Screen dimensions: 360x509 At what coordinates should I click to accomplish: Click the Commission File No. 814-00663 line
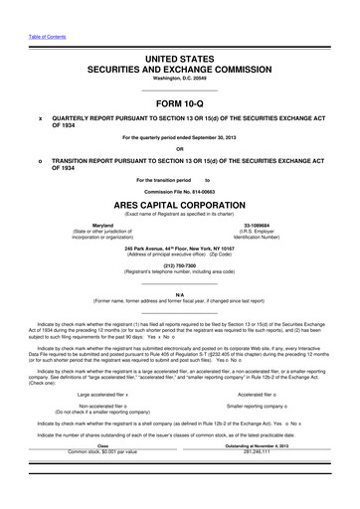(x=179, y=190)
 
